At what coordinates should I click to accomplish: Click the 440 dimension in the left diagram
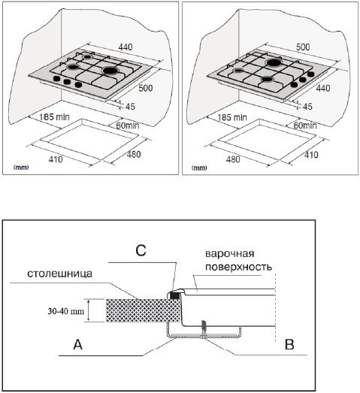126,47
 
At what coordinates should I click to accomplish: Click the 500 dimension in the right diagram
303,47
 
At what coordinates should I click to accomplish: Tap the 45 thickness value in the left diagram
130,107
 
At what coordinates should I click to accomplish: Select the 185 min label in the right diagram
232,117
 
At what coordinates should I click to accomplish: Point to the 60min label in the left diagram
128,125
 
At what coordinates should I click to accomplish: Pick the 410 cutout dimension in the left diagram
56,159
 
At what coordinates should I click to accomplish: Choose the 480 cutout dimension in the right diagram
233,159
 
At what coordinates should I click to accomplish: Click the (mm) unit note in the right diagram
199,168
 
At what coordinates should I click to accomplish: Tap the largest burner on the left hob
110,71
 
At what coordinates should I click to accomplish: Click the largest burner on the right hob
274,62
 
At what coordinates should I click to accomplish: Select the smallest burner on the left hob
87,57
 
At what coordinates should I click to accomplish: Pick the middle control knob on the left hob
67,82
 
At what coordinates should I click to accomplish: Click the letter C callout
141,250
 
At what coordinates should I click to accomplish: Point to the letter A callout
77,344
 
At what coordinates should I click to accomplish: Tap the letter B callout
289,344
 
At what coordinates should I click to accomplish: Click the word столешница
59,274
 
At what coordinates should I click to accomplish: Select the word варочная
230,254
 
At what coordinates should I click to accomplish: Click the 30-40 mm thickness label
66,311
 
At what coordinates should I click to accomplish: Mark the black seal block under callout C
174,296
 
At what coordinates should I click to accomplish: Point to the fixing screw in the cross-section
204,329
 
